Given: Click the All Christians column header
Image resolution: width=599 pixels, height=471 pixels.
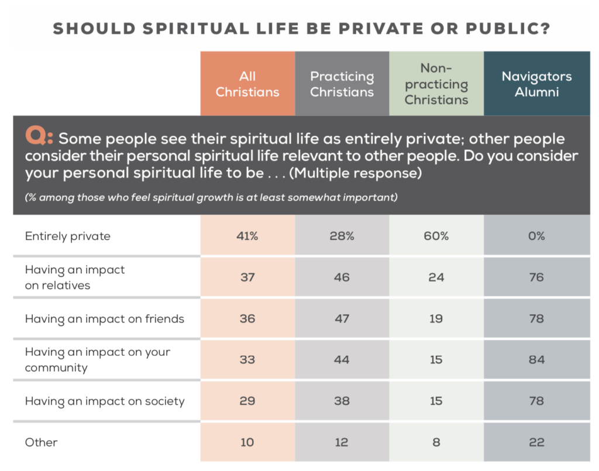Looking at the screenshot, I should (247, 84).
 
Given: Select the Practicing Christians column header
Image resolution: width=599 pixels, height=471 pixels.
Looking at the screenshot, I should (342, 84).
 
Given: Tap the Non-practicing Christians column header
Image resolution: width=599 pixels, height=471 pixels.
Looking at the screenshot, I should (436, 84).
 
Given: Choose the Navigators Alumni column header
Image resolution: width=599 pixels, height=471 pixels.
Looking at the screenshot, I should (536, 84).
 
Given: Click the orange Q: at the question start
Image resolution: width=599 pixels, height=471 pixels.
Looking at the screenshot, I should (39, 138).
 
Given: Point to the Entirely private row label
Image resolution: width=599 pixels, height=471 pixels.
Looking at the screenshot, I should (67, 236).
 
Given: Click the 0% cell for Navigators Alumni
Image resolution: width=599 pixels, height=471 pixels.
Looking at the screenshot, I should (536, 236).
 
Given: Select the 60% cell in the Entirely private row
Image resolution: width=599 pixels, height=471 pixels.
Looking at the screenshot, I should (436, 236).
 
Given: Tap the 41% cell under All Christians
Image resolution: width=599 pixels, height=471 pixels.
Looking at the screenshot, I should (247, 236).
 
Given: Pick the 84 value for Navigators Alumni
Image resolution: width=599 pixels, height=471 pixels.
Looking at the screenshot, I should (536, 359).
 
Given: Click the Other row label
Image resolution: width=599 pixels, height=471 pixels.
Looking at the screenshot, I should (41, 442).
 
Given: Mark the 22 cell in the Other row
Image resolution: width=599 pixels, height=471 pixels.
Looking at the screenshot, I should (536, 442).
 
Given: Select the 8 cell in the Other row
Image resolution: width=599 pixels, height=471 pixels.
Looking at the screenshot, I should (436, 442).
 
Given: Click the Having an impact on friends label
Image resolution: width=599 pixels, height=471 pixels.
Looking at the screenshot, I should (104, 319).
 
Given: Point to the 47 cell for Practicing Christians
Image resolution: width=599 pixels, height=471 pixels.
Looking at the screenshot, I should (342, 319).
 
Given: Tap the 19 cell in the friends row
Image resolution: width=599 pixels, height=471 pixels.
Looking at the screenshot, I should (436, 319).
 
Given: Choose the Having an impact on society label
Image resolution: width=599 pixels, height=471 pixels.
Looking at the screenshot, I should (104, 401).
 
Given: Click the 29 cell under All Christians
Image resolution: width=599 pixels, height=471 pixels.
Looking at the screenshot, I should (247, 401).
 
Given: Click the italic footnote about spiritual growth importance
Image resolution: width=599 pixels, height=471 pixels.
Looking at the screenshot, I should (211, 197).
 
